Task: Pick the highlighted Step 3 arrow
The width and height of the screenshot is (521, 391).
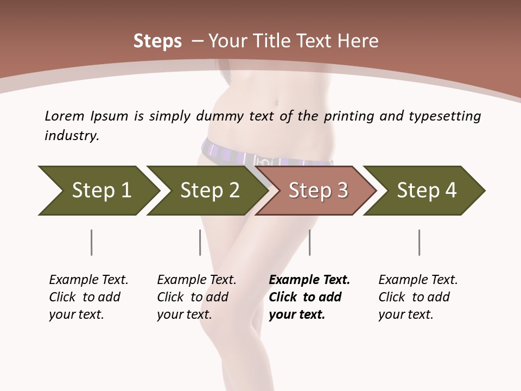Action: [317, 191]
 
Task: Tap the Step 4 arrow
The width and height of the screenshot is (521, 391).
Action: [426, 191]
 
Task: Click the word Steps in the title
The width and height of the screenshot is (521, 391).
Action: [157, 41]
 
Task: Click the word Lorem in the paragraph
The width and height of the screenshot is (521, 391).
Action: [64, 116]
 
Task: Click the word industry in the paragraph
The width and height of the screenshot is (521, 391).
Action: [71, 135]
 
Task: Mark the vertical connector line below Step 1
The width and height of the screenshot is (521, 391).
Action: [91, 242]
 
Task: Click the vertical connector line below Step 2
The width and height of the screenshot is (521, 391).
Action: [200, 242]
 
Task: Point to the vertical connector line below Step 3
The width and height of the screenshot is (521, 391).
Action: [309, 242]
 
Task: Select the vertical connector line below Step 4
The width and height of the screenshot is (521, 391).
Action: [419, 242]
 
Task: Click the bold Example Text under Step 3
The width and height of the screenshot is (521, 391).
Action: [309, 280]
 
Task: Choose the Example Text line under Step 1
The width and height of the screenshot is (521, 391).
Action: [88, 280]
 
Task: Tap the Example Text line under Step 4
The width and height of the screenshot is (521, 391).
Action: [418, 280]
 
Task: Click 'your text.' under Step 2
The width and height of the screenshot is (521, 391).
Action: [184, 314]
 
